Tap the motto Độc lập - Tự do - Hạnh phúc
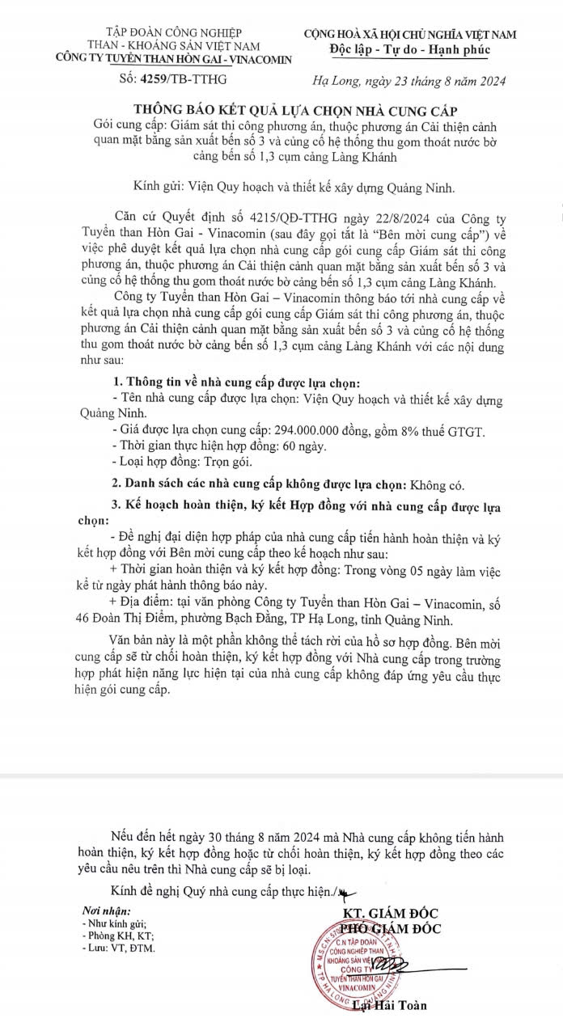[x=410, y=50]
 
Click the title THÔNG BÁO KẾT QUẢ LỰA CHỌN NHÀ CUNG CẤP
[x=281, y=110]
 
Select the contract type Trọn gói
[x=229, y=462]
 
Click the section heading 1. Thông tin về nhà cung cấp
[x=233, y=382]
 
